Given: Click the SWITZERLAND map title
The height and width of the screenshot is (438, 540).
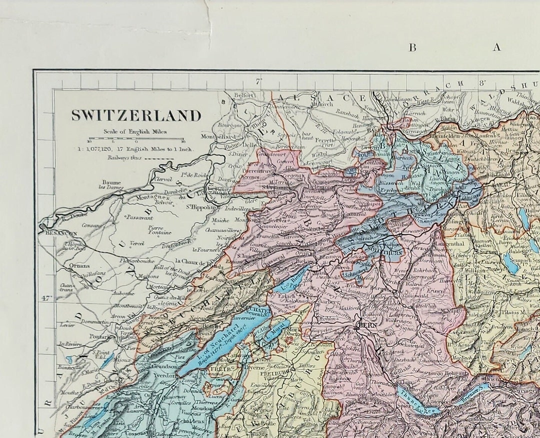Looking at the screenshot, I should click(136, 115).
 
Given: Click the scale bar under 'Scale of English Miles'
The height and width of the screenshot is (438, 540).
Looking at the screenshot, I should click(136, 138).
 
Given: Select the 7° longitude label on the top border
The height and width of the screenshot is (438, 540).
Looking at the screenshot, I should click(258, 81).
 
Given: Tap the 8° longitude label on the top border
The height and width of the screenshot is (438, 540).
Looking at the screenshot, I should click(482, 82).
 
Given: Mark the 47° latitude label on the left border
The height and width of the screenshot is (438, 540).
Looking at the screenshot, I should click(46, 298).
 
